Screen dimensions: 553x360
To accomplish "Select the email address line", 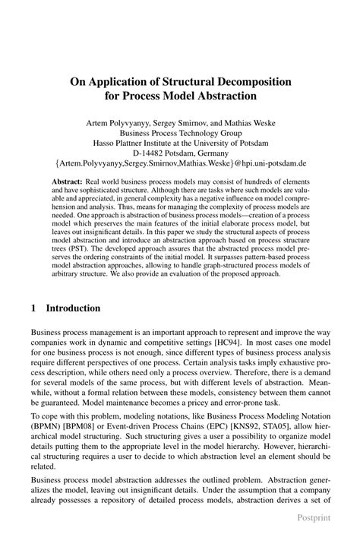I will [x=180, y=163].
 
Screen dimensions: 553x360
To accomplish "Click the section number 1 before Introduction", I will [x=33, y=308].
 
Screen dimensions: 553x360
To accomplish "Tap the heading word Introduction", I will [x=73, y=308].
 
